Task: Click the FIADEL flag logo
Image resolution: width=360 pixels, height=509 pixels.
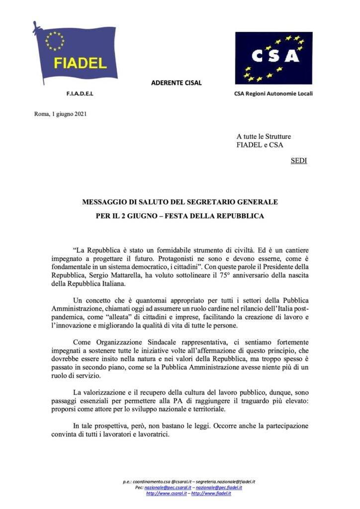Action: [x=76, y=54]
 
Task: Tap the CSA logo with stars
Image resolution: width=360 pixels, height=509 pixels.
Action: [x=273, y=58]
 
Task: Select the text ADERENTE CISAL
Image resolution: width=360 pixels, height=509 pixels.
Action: [x=177, y=83]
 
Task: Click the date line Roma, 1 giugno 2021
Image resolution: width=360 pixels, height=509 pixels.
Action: [x=61, y=114]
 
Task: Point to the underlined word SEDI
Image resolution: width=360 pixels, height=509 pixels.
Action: [x=298, y=161]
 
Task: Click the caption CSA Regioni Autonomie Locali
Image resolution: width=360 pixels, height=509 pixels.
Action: [x=273, y=93]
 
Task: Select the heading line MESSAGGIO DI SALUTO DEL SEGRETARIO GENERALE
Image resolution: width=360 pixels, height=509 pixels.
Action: [x=180, y=202]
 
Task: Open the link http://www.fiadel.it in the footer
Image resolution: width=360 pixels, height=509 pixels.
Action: [x=211, y=493]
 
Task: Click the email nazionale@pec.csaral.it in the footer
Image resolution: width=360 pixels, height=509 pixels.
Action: [x=165, y=488]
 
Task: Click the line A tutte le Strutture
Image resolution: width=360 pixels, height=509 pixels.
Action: [x=264, y=136]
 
